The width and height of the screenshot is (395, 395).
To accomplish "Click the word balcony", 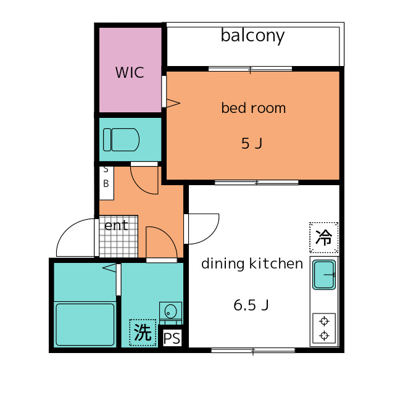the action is point(252,36).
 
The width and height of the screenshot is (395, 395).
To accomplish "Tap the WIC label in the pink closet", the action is point(130,73).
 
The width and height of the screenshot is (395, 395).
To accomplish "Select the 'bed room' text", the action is point(254,108).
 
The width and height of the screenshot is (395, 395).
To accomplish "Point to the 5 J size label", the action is point(252,143).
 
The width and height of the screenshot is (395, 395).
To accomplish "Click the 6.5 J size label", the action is point(251,305).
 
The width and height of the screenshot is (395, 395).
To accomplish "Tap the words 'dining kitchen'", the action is point(252,264).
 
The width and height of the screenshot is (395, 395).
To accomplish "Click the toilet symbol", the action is point(121,140).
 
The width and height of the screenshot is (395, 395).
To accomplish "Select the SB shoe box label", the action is point(106,177).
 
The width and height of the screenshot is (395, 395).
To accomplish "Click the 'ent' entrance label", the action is point(116,225).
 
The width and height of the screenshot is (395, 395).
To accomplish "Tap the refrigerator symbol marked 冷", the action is point(323,237).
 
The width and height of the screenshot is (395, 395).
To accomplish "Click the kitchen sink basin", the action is point(324,275).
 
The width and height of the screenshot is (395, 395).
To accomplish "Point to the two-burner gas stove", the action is point(324,328).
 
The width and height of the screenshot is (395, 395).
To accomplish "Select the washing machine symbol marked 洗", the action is point(143,332).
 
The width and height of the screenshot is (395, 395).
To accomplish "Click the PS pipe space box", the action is point(172,338).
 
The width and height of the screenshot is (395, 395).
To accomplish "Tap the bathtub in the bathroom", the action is point(85,325).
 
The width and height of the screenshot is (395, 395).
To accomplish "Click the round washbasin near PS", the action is point(170,310).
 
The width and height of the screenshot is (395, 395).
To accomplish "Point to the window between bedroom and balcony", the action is point(250,69).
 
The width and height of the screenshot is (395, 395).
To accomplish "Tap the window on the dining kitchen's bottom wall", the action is point(253,350).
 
